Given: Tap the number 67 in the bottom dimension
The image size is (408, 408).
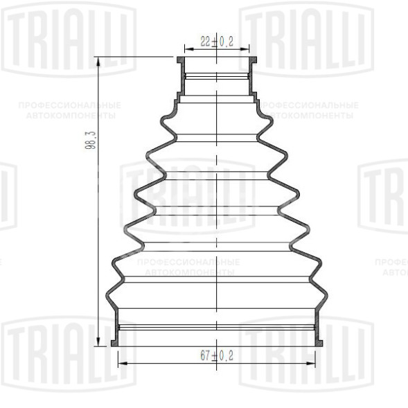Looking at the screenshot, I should coord(205,355).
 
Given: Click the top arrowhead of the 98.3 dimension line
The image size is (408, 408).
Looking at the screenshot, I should coord(100,62).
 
